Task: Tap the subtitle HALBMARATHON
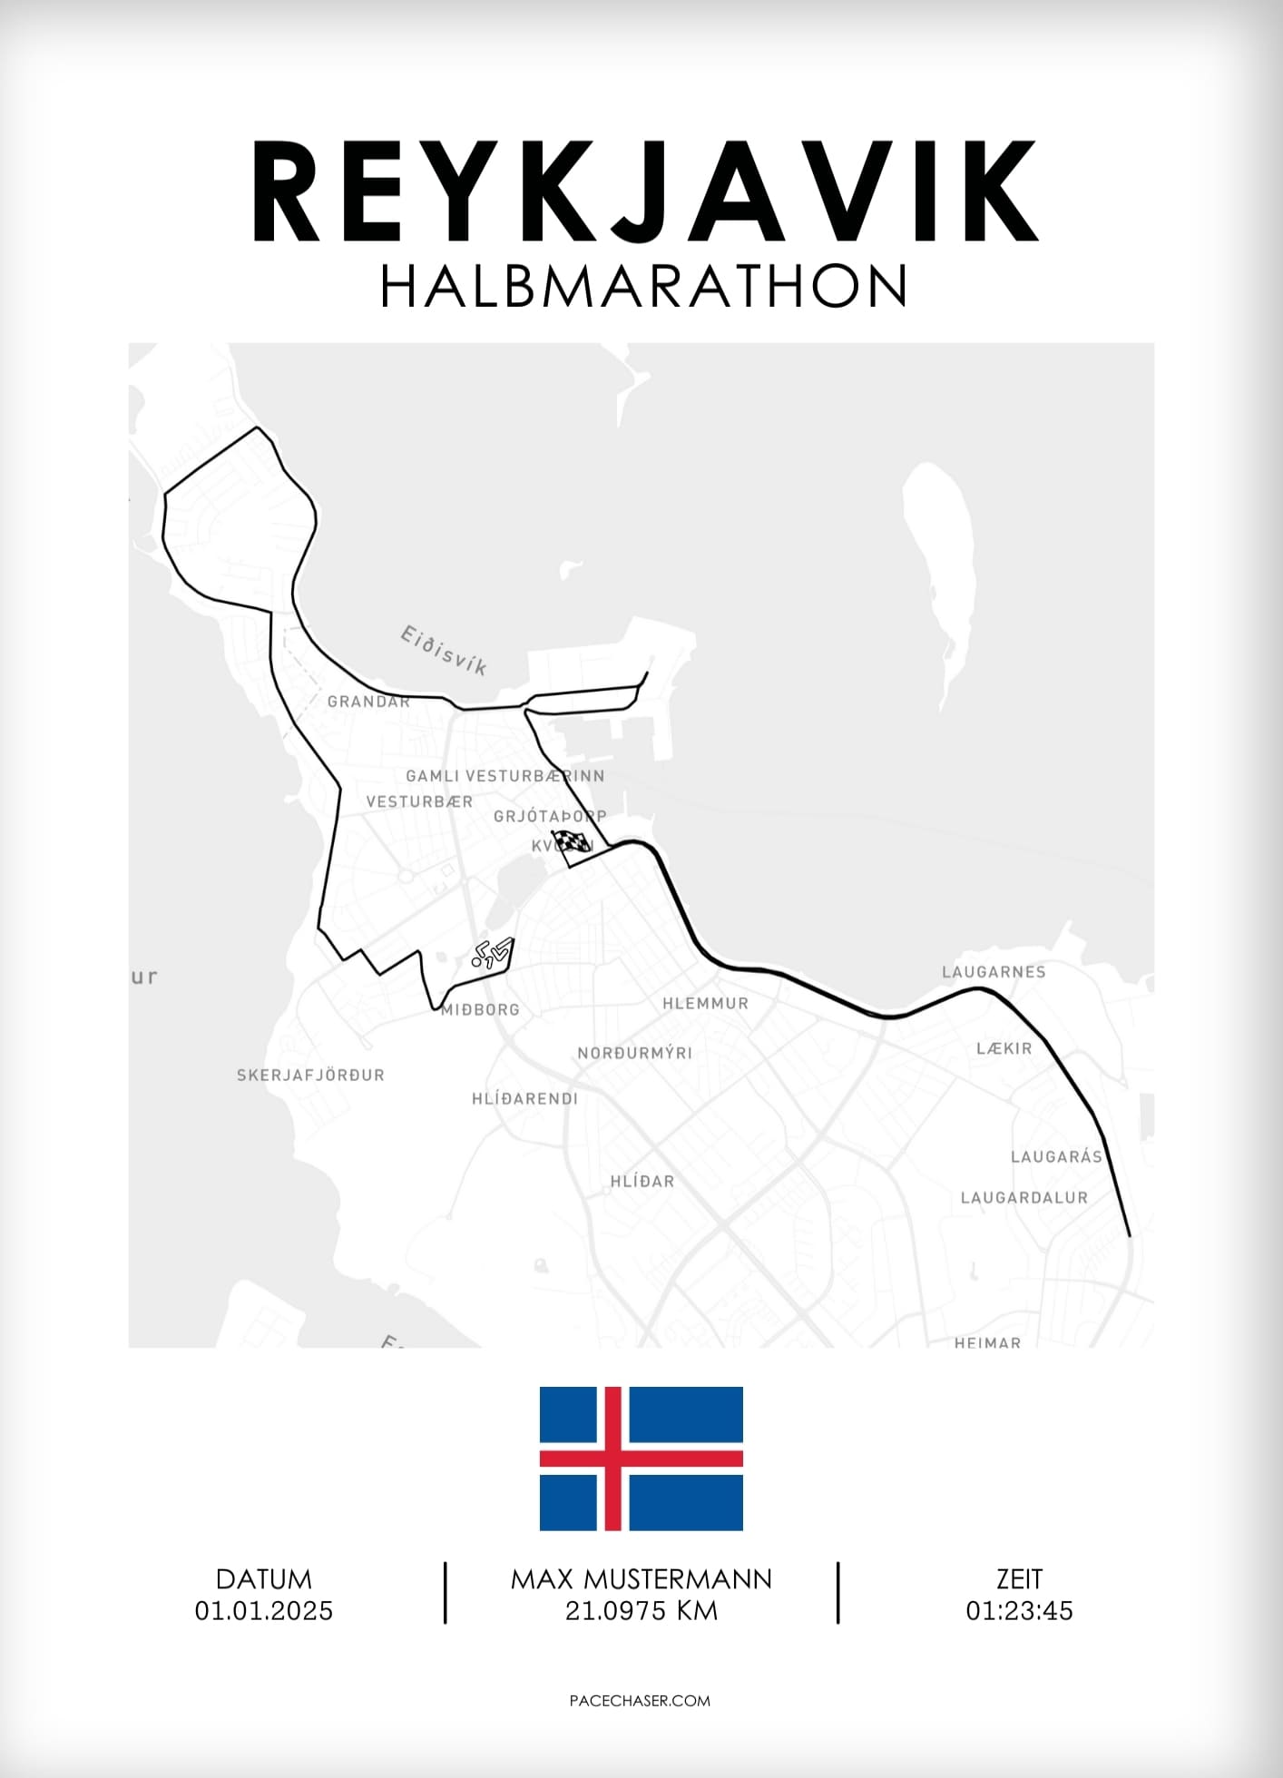pos(643,287)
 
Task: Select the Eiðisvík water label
pos(444,650)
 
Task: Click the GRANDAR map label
pos(368,702)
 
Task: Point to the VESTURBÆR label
pos(419,802)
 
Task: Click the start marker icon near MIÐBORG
pos(492,953)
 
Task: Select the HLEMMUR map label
pos(705,1004)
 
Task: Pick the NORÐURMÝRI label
pos(634,1054)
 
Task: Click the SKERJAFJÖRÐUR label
pos(310,1076)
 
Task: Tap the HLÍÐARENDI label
pos(524,1099)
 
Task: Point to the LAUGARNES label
pos(994,972)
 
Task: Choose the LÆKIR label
pos(1004,1049)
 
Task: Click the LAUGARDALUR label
pos(1023,1198)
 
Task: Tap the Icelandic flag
pos(641,1459)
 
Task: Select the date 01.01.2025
pos(264,1611)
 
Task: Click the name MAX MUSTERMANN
pos(641,1579)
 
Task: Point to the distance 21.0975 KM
pos(641,1611)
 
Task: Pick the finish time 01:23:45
pos(1019,1611)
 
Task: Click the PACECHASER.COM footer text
pos(640,1701)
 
